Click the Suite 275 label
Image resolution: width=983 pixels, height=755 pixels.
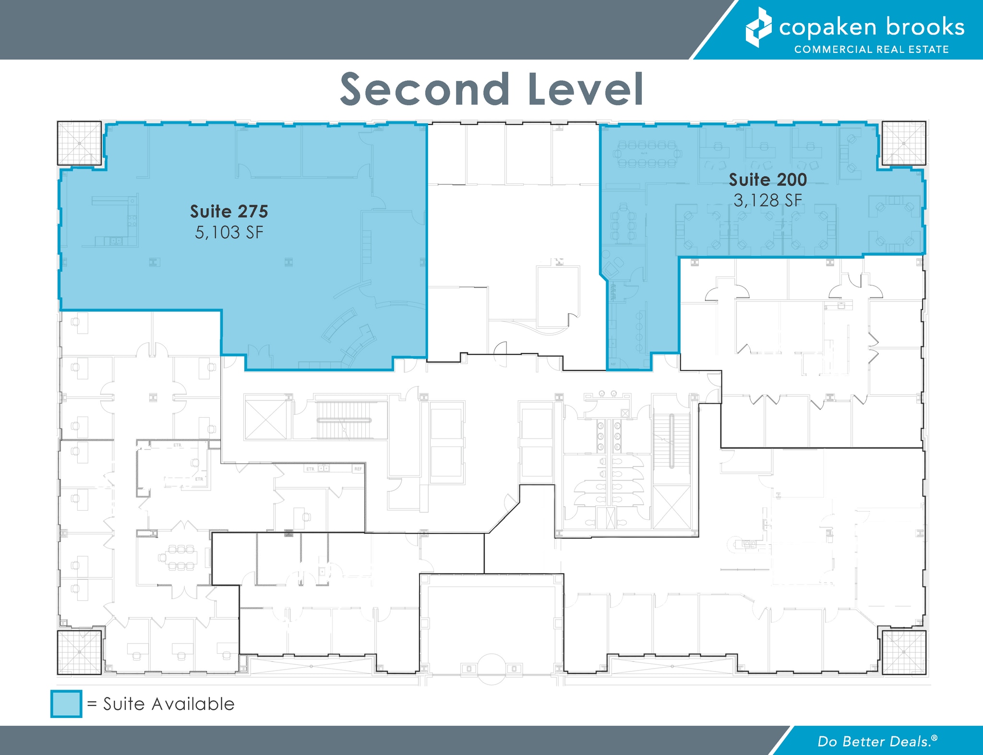pos(229,211)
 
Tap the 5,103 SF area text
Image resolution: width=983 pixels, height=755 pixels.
pos(229,233)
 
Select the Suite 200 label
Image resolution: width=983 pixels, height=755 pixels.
pos(767,180)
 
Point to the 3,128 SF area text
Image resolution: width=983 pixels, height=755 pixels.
pos(767,200)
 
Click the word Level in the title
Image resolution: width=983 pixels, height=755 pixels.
pos(585,90)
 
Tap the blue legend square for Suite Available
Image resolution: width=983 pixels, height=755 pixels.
pos(66,704)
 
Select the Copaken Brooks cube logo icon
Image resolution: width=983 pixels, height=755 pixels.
pos(758,27)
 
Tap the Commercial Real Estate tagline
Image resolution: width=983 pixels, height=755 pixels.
pos(871,49)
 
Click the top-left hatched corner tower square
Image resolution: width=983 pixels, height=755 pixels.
pos(79,143)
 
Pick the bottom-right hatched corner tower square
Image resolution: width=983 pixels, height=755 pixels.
pos(904,652)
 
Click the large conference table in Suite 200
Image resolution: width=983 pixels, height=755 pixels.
pos(647,154)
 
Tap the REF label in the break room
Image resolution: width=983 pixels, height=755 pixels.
pos(358,468)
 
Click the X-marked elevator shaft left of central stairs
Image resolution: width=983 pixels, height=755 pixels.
pos(265,417)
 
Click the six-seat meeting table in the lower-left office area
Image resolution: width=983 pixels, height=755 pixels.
pos(178,557)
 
